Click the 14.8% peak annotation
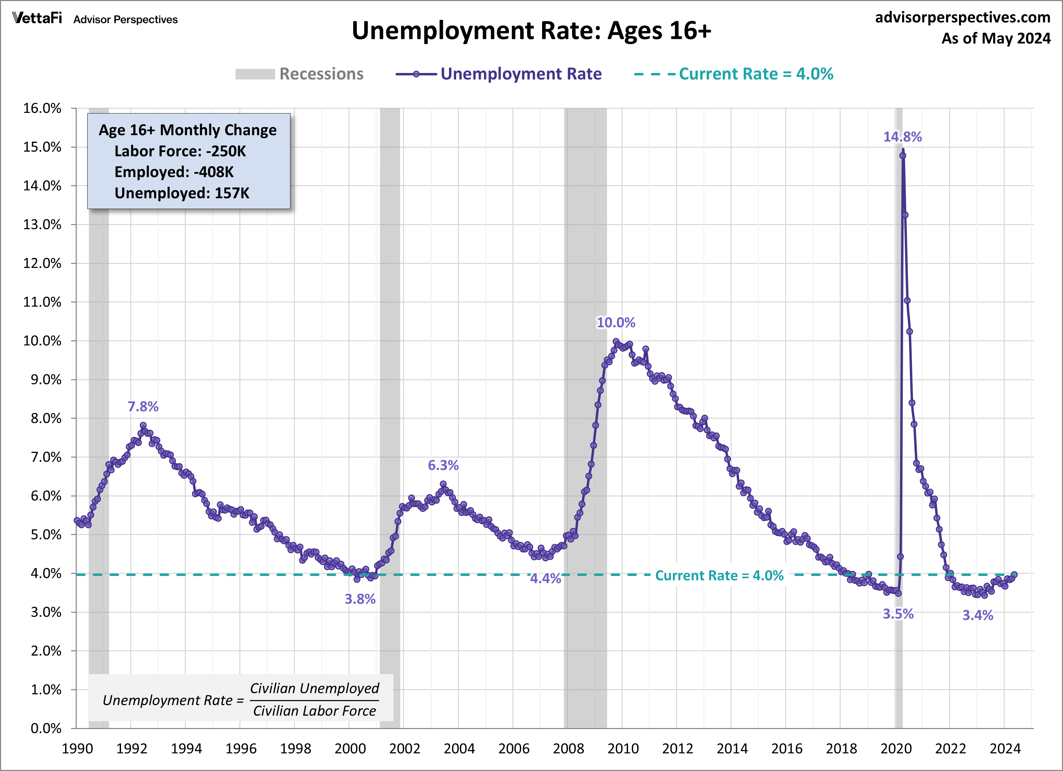902,137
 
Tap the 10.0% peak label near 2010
615,323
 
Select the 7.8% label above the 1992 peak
143,406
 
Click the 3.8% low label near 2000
360,599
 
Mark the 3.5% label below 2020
898,614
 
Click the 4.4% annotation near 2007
545,578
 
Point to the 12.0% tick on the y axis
42,263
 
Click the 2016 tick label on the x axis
787,748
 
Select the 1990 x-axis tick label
77,748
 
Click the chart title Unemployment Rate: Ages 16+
531,31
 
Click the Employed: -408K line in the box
174,172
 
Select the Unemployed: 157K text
182,193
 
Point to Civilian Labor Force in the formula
314,711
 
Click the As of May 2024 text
995,39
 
